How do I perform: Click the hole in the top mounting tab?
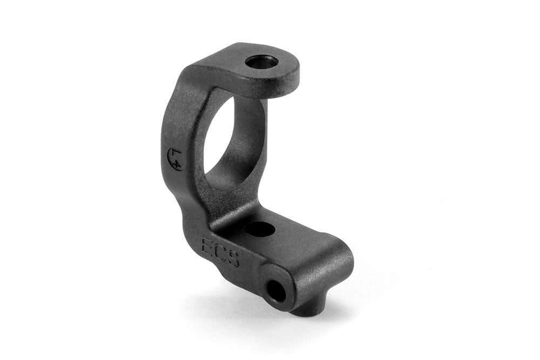(261, 62)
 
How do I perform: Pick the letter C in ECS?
(220, 252)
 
